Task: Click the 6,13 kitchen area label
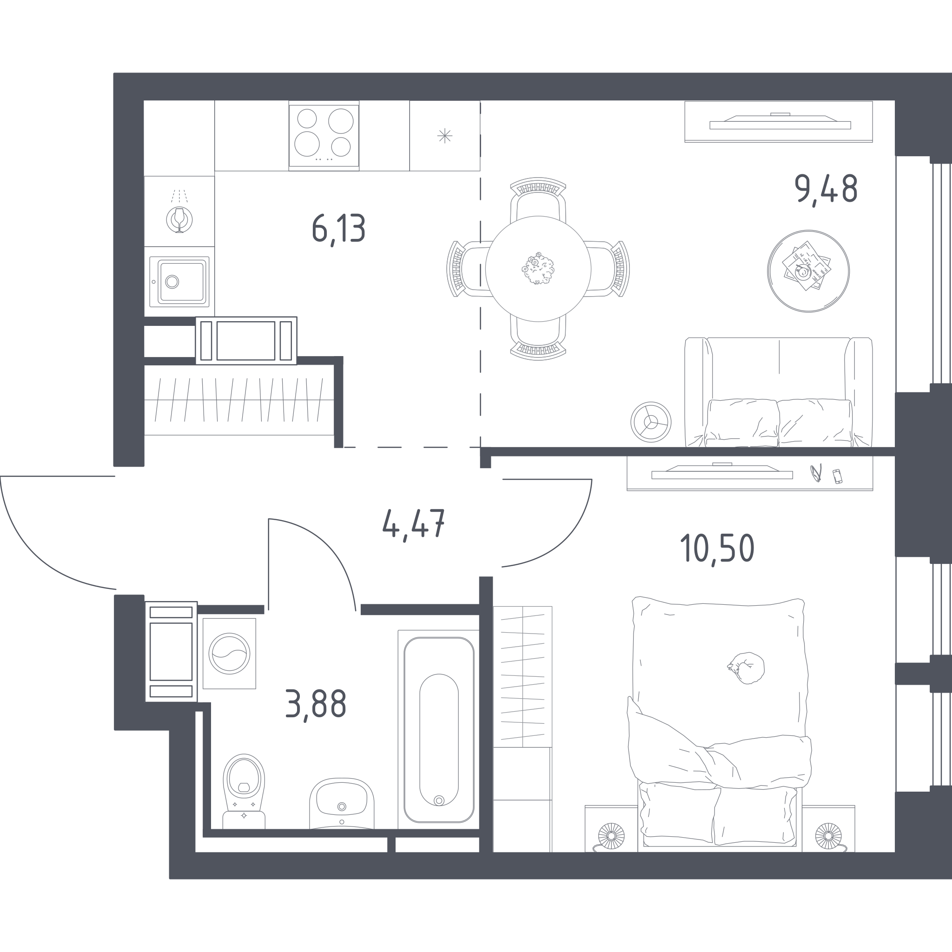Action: coord(338,230)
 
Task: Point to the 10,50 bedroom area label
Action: coord(717,549)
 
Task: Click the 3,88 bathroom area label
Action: coord(316,705)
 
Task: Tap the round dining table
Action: coord(538,269)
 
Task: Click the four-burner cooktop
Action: coord(324,135)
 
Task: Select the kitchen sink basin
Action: coord(179,281)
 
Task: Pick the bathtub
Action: coord(438,730)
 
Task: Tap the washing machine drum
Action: coord(229,654)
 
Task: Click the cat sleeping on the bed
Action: coord(747,668)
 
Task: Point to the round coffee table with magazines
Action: coord(808,271)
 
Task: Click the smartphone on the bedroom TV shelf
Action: coord(837,476)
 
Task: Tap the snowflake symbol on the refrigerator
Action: coord(444,136)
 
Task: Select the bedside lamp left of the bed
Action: coord(611,836)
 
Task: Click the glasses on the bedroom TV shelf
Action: coord(816,473)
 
